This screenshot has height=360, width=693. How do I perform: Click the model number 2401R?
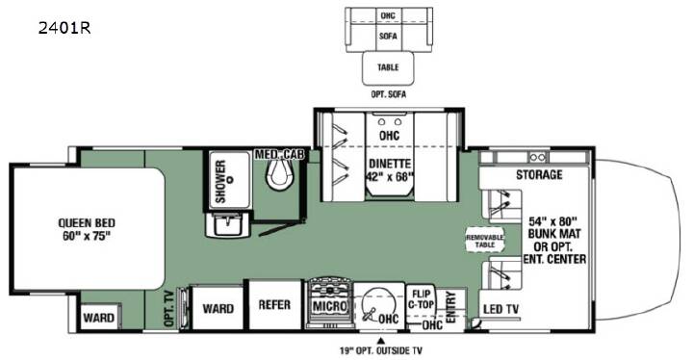(x=64, y=27)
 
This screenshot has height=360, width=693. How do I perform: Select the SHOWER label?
(x=220, y=181)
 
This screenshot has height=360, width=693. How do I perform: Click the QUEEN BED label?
(x=87, y=223)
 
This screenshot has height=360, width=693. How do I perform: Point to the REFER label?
(x=274, y=305)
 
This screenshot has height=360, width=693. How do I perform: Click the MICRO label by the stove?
(x=330, y=305)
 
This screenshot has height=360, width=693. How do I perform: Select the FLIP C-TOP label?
(x=421, y=299)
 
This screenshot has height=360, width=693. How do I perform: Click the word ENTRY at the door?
(x=450, y=307)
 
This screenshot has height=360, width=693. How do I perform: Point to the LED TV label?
(x=500, y=309)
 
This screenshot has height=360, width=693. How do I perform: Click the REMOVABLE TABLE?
(x=485, y=240)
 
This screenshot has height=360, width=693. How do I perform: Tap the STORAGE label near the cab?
(x=539, y=174)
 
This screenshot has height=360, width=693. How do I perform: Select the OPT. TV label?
(x=169, y=309)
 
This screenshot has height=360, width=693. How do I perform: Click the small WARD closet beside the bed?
(x=99, y=317)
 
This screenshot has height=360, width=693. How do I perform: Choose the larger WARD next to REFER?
(x=218, y=308)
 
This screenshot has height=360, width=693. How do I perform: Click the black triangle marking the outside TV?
(x=380, y=341)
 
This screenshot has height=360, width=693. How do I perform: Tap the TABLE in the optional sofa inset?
(x=388, y=67)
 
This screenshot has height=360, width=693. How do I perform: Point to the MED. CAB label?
(x=279, y=154)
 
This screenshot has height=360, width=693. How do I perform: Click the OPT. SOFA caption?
(x=388, y=94)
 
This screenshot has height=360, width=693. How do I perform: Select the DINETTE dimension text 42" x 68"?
(x=390, y=176)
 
